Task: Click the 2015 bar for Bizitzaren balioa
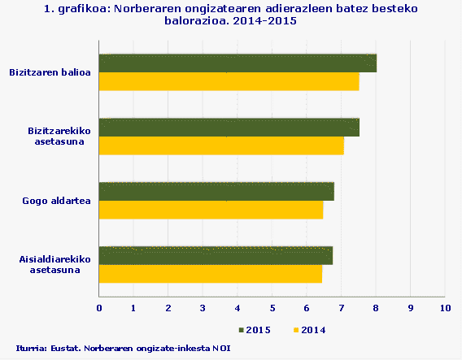point(238,63)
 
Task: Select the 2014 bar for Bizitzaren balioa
point(229,82)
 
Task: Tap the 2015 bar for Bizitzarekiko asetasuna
point(229,128)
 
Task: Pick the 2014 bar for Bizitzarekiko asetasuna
point(221,146)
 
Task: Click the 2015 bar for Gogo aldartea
point(216,192)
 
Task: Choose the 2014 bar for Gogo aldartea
point(211,210)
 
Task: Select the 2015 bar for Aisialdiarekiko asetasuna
point(216,255)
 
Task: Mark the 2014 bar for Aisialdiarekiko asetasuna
point(210,274)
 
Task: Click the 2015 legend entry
point(255,330)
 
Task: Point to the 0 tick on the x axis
point(99,308)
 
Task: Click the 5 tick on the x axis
point(272,308)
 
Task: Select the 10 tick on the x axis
point(444,308)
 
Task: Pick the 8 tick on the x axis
point(376,308)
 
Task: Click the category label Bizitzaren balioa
point(50,73)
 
